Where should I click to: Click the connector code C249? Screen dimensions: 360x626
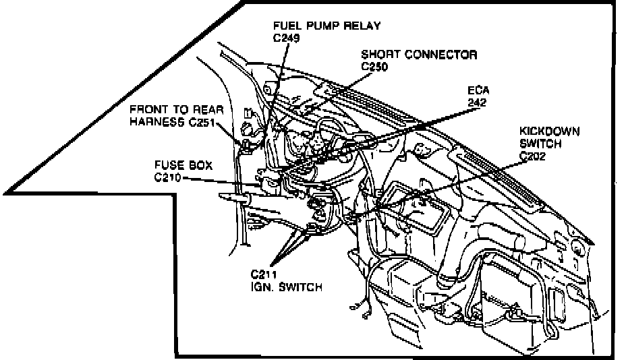(286, 38)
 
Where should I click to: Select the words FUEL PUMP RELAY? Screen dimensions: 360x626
(326, 26)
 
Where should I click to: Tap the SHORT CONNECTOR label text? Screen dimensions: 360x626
(419, 55)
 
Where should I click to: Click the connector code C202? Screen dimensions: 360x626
(532, 156)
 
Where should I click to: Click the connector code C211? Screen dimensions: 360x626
(263, 274)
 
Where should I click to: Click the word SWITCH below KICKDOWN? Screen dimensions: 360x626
(540, 143)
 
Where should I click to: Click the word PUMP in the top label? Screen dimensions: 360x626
(320, 26)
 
